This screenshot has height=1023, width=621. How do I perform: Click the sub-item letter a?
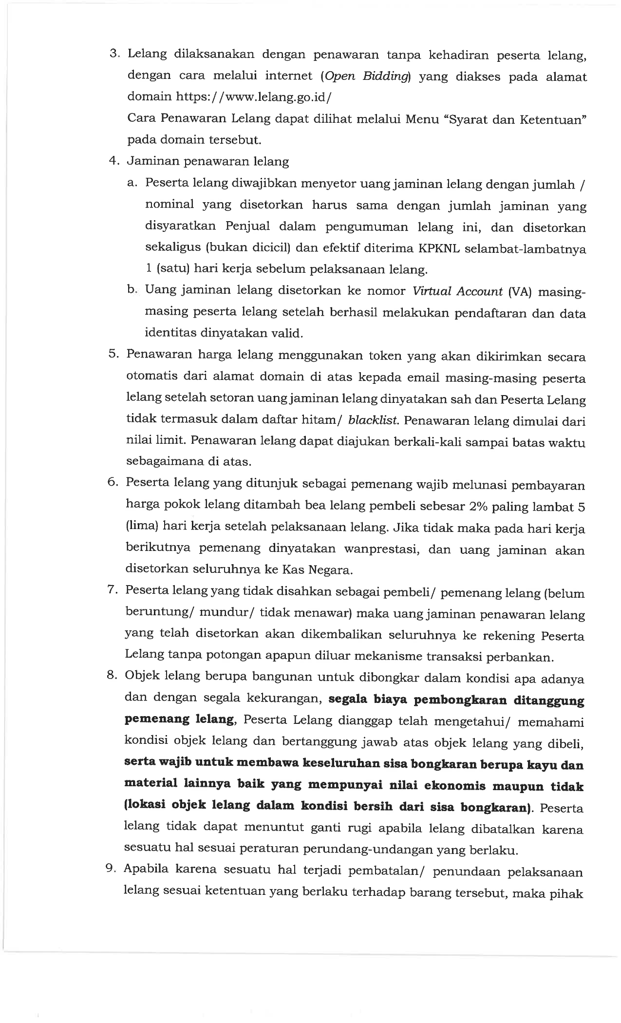pos(133,183)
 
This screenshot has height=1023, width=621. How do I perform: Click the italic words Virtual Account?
pos(457,291)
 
